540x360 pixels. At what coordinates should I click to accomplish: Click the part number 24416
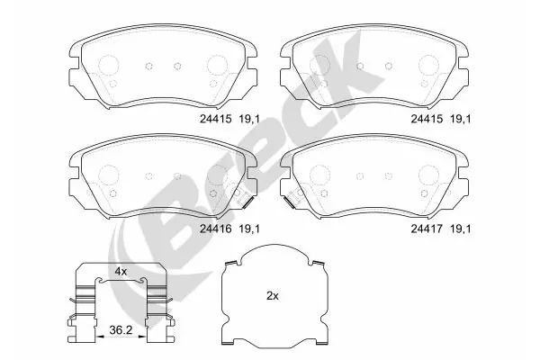click(216, 229)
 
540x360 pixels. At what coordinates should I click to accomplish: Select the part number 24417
click(427, 229)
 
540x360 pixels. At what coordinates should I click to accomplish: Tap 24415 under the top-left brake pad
click(216, 119)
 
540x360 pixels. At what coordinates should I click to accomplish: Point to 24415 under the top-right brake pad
click(427, 119)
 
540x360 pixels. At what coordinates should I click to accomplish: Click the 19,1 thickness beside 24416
click(249, 229)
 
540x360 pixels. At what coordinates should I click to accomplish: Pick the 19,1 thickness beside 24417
click(461, 229)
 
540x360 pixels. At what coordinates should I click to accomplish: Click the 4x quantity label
click(121, 272)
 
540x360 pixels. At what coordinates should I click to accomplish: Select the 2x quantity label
click(273, 295)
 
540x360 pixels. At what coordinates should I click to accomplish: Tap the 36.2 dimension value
click(121, 330)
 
